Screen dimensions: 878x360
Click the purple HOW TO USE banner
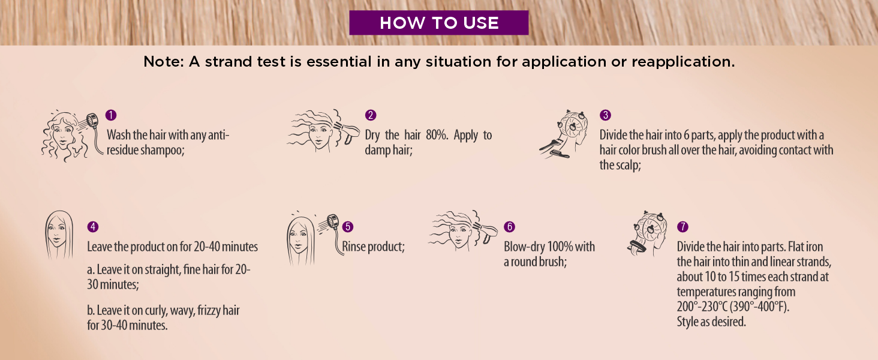click(x=438, y=23)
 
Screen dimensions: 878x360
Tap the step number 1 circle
click(x=111, y=115)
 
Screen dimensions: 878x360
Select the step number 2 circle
click(x=371, y=115)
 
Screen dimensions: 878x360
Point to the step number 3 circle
click(x=605, y=115)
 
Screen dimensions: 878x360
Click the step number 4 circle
click(x=93, y=227)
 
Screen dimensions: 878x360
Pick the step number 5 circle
click(x=348, y=227)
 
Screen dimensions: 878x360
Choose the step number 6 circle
click(x=509, y=227)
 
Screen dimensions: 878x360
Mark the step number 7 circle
click(x=682, y=227)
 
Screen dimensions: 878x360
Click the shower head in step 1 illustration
click(x=92, y=120)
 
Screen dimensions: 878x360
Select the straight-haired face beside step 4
click(x=59, y=235)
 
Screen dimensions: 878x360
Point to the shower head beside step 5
click(x=332, y=221)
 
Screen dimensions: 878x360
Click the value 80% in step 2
click(x=437, y=135)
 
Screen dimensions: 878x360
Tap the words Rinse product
click(x=373, y=247)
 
